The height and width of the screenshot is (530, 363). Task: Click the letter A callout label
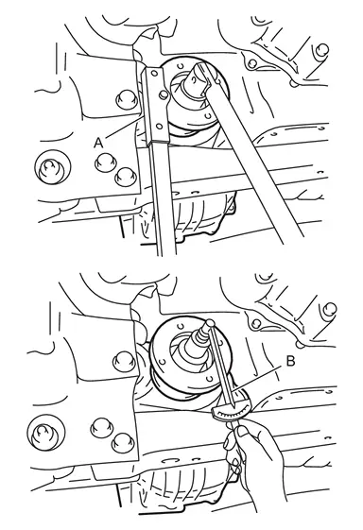click(98, 144)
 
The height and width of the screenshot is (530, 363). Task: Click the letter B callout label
click(290, 361)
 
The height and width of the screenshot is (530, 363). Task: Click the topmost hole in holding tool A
click(155, 74)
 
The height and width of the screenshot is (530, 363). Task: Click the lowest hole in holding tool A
click(158, 127)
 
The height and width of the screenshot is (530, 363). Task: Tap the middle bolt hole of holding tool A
click(163, 94)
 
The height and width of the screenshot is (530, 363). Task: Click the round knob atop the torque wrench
click(210, 323)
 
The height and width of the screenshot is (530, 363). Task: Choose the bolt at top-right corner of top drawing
click(322, 50)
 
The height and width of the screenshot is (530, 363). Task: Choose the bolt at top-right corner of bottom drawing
click(330, 308)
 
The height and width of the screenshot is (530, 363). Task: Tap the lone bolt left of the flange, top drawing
click(126, 99)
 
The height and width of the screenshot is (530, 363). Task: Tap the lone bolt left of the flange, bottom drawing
click(124, 360)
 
